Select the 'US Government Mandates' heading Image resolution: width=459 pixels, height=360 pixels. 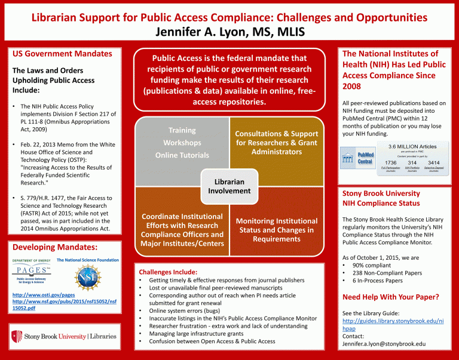tap(62, 54)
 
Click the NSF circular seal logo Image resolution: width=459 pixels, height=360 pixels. tap(84, 277)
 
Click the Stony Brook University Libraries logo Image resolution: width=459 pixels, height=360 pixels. tap(64, 337)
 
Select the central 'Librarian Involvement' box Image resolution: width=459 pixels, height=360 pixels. tap(229, 186)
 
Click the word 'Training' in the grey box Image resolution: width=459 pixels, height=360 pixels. tap(182, 130)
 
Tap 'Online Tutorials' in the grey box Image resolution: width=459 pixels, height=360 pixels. tap(182, 155)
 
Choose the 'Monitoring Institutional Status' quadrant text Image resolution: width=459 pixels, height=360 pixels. tap(276, 230)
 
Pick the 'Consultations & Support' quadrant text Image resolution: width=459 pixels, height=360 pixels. tap(276, 143)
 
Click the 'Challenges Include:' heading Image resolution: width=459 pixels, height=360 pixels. tap(168, 271)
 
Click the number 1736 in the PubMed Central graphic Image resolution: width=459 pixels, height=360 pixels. tap(391, 162)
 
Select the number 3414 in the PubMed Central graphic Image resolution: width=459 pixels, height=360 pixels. tap(434, 162)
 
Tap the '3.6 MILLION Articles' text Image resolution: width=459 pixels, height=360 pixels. tap(412, 146)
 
